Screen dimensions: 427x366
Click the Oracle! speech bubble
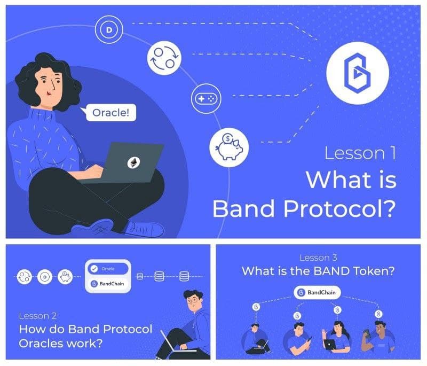[111, 112]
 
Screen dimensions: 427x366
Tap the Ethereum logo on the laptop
[134, 163]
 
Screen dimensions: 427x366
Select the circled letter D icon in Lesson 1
[109, 29]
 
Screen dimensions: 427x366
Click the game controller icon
[206, 98]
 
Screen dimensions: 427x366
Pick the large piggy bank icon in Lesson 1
[229, 147]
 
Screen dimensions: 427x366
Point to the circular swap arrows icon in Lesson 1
[164, 58]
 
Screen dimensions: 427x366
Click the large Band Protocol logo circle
[357, 73]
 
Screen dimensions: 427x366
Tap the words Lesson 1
[360, 153]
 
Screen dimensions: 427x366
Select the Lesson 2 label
[38, 316]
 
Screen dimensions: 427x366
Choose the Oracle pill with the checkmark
[108, 269]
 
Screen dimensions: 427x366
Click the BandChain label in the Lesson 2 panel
[112, 284]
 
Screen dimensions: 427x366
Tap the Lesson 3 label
[318, 258]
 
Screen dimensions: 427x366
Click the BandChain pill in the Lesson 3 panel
[317, 292]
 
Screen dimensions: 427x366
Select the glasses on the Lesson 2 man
[193, 301]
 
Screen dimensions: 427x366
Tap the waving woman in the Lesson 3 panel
[336, 337]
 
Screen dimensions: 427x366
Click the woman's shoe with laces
[144, 229]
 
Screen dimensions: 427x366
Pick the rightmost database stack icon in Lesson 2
[184, 276]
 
